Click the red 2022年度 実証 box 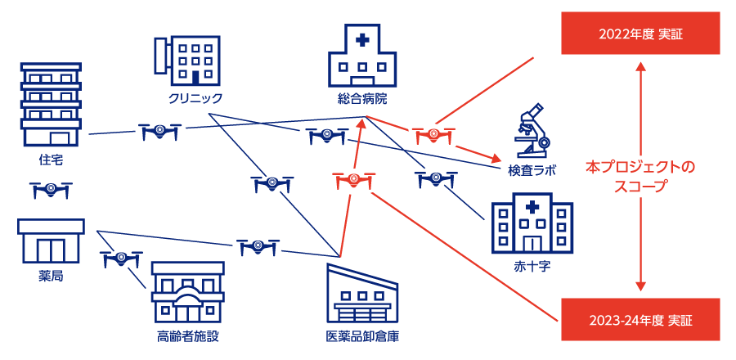[640, 34]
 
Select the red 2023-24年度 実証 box [640, 319]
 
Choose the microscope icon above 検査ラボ [532, 130]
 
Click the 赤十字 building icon [532, 223]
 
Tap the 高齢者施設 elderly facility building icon [187, 292]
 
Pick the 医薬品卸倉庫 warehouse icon [362, 293]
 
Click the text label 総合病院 [361, 99]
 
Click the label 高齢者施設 [187, 336]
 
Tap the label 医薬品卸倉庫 [362, 336]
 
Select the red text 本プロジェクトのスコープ [640, 176]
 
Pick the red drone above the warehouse [355, 181]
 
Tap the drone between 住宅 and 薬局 [51, 190]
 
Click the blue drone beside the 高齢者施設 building [121, 259]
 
